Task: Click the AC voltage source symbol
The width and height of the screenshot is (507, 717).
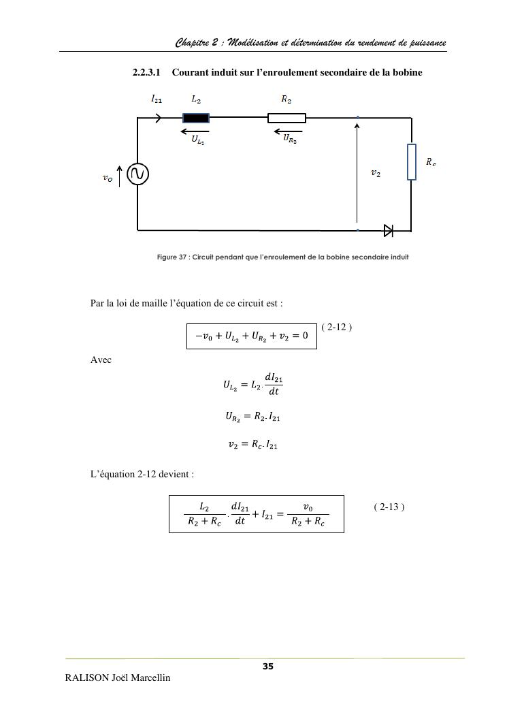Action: click(x=138, y=174)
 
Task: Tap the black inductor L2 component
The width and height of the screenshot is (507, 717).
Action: click(x=196, y=118)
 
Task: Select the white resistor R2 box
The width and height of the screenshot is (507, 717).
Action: click(x=287, y=118)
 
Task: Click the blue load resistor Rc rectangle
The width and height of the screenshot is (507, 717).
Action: click(x=411, y=162)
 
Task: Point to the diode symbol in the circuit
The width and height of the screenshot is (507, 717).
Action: click(x=389, y=230)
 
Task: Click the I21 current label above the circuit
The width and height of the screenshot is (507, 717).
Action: click(x=157, y=99)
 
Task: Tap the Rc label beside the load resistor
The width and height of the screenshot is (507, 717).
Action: click(x=431, y=162)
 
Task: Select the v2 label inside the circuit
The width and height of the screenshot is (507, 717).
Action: click(x=376, y=174)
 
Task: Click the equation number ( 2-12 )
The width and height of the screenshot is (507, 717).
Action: click(x=336, y=327)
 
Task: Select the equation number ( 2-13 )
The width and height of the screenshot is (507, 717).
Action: click(x=390, y=507)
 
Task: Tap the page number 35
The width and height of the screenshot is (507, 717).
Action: click(x=268, y=667)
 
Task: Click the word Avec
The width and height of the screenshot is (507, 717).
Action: click(x=101, y=360)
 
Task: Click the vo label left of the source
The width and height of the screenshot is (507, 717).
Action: click(x=108, y=178)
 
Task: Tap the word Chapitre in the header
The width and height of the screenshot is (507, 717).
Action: click(x=193, y=43)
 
